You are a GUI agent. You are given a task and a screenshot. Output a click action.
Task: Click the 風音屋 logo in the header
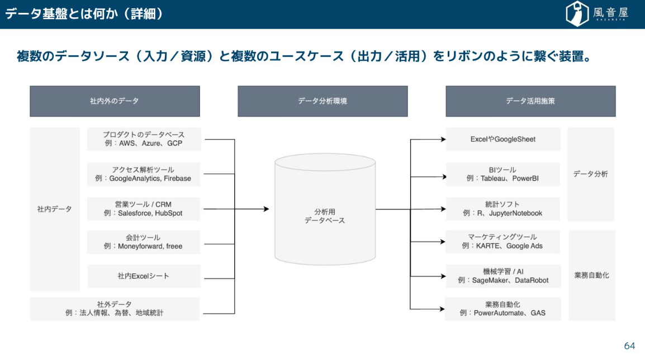597,13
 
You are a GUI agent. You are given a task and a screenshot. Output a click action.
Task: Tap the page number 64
629,345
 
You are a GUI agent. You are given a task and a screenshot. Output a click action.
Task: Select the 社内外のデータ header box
115,101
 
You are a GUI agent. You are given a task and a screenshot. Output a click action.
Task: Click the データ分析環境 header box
322,101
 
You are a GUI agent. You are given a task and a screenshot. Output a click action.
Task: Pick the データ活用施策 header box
530,101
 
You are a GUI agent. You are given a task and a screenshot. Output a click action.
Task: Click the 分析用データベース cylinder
325,211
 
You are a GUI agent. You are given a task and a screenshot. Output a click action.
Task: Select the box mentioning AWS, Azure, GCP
144,139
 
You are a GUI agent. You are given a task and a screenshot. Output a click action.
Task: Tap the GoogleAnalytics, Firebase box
144,174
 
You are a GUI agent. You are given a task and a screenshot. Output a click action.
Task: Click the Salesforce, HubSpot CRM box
144,209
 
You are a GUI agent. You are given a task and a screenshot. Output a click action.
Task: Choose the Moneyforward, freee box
144,242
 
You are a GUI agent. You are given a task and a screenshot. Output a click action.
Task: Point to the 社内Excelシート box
144,276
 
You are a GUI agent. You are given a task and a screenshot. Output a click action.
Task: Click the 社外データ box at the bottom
115,309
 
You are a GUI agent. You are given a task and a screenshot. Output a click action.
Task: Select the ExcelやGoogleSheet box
503,139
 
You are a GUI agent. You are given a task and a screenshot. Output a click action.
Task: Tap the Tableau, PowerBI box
503,174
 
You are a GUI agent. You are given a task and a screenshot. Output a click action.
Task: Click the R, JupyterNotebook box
503,209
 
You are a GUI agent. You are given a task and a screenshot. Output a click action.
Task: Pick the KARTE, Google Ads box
503,241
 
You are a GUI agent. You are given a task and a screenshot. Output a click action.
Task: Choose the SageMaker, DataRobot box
503,276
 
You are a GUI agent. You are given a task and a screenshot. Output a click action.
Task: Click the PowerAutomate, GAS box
503,309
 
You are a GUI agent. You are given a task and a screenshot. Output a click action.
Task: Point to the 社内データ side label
55,209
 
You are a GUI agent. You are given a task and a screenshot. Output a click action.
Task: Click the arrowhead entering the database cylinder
266,209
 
